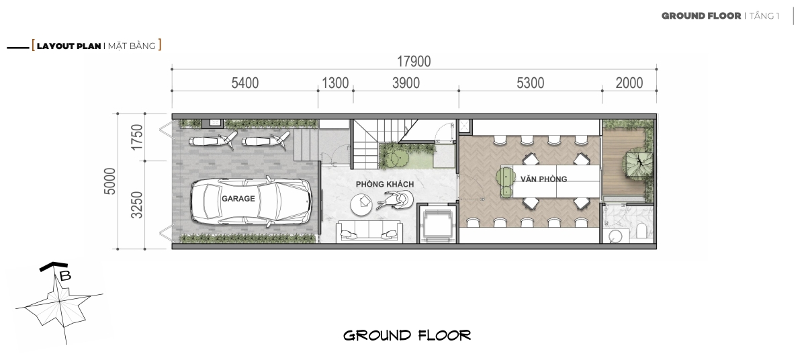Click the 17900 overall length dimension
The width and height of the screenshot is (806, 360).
coord(414,62)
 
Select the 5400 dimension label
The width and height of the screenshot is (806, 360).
coord(244,83)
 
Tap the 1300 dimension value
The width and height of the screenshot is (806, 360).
coord(335,83)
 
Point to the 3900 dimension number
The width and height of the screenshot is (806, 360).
coord(406,83)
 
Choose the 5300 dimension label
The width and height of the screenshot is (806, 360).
coord(531,83)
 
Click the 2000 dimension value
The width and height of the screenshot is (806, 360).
coord(629,83)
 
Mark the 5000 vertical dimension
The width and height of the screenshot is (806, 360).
coord(109,181)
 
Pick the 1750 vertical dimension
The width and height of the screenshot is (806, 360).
coord(137,137)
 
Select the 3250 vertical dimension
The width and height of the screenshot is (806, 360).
coord(137,205)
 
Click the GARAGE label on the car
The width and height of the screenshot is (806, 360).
coord(238,199)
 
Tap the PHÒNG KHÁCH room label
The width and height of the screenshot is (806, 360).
coord(385,184)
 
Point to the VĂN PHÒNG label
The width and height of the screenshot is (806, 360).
coord(543,179)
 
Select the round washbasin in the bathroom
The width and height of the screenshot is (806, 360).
coord(615,236)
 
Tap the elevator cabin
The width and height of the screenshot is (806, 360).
coord(437,224)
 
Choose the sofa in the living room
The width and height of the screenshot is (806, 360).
coord(369,232)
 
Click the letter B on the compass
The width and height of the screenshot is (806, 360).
coord(65,276)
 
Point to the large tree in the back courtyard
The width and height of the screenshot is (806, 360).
coord(639,164)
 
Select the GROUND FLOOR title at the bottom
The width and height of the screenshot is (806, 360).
coord(407,336)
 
